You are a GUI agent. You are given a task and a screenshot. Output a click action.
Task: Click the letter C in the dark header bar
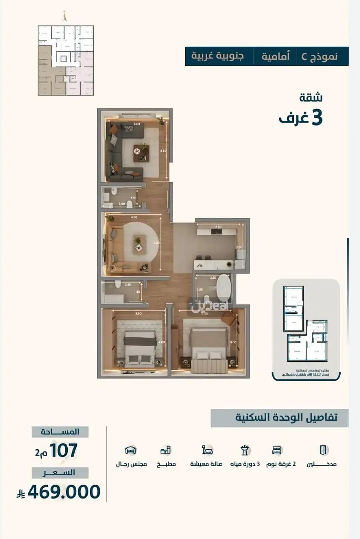(x=304, y=56)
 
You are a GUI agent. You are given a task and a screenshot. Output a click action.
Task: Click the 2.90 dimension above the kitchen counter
(x=219, y=227)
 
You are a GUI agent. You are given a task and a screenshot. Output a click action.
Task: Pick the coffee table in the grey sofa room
(x=141, y=152)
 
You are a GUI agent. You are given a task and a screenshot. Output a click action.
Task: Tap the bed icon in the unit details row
(x=277, y=450)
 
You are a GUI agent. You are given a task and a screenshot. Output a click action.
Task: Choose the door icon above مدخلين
(x=323, y=450)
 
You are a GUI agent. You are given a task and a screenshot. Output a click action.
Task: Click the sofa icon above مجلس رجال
(x=131, y=450)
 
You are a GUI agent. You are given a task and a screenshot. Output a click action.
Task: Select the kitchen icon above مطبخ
(x=165, y=450)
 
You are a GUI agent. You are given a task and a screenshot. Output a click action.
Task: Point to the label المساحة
(x=60, y=432)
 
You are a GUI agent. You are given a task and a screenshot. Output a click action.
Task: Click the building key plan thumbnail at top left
(x=66, y=60)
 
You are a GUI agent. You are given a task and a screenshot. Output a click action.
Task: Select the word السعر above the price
(x=60, y=472)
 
